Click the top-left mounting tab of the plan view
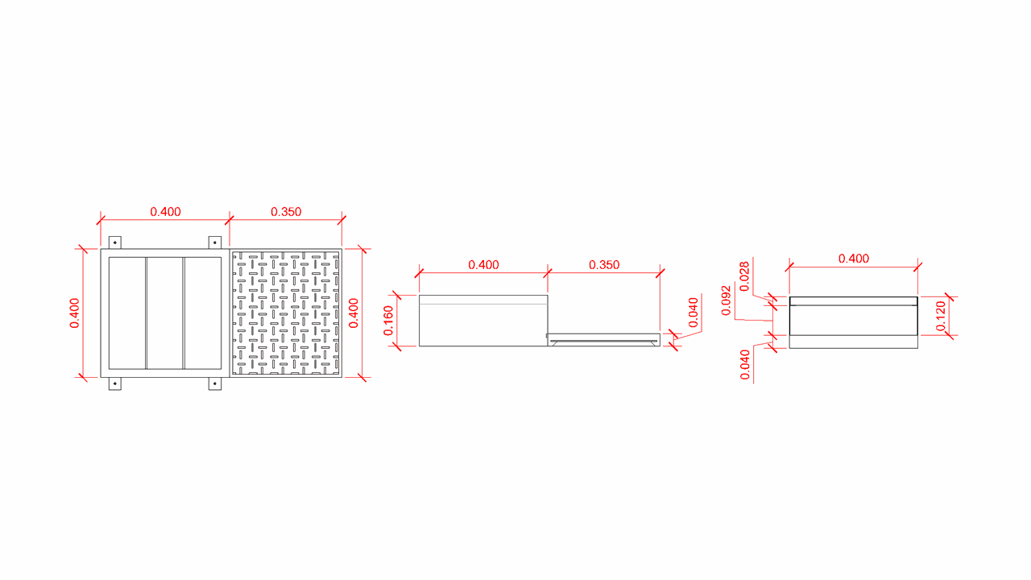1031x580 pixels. tap(115, 242)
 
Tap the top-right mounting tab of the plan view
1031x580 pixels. tap(215, 242)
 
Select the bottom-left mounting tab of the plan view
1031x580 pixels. tap(115, 384)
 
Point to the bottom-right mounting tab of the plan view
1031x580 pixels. tap(215, 384)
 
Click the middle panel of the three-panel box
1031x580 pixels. tap(165, 313)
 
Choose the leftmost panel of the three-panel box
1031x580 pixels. tap(127, 313)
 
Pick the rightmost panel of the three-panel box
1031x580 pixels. tap(203, 313)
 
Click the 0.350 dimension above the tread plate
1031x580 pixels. tap(286, 212)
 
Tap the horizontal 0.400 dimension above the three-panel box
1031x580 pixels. tap(165, 212)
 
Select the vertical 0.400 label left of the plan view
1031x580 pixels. tap(75, 313)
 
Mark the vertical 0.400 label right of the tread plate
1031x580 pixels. tap(354, 313)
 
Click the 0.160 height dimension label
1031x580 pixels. tap(389, 321)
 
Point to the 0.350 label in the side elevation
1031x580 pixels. tap(604, 265)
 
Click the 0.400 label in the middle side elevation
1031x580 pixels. tap(484, 265)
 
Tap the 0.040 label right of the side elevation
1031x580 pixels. tap(694, 313)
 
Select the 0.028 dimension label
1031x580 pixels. tap(745, 276)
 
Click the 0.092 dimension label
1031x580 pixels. tap(727, 300)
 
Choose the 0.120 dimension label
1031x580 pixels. tap(941, 316)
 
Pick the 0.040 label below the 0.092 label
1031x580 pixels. tap(745, 365)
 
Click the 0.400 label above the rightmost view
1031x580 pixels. tap(854, 259)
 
